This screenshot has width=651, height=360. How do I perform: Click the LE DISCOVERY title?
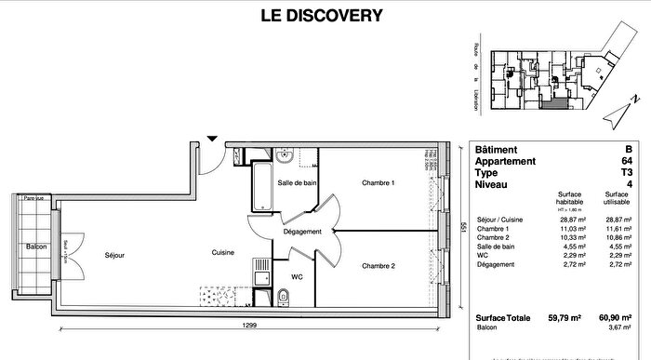pos(325,14)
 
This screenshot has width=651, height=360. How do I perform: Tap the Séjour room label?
pos(114,254)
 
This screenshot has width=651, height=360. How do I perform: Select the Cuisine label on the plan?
pos(222,252)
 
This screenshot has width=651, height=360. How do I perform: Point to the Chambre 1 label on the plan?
pos(378,183)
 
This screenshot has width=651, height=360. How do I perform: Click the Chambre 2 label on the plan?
pos(379,266)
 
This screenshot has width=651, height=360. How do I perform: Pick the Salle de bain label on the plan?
pos(296,183)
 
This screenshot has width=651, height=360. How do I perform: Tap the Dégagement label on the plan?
pos(302,232)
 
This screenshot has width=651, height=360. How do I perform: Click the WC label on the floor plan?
pos(297,275)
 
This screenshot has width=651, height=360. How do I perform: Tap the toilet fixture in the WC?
pos(286,297)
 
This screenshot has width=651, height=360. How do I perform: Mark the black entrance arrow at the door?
pos(213,139)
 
